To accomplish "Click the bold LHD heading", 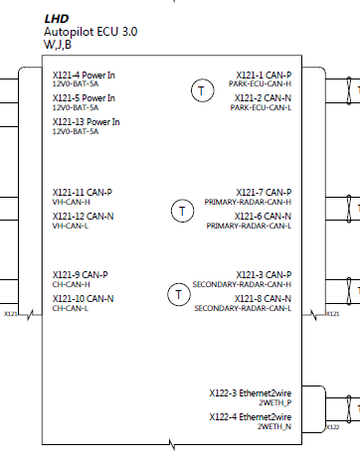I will click(56, 19).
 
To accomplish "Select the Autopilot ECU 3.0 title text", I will click(90, 32).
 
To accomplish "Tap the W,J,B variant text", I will click(58, 45).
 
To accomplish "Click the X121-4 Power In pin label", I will click(84, 75).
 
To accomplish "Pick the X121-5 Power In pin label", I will click(84, 98).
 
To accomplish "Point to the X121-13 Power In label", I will click(86, 122).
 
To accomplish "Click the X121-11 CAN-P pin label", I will click(83, 192).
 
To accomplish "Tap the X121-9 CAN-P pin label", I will click(80, 274).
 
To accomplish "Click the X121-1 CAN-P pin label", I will click(264, 75).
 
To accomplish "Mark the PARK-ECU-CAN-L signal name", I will click(260, 108).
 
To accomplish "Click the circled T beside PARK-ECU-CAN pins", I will click(200, 91).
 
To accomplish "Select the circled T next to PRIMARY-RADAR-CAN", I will click(182, 211).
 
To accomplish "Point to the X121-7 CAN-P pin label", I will click(264, 192).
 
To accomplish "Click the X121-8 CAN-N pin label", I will click(263, 298).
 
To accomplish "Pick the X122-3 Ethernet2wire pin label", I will click(250, 392).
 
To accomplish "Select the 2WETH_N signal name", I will click(274, 426).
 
